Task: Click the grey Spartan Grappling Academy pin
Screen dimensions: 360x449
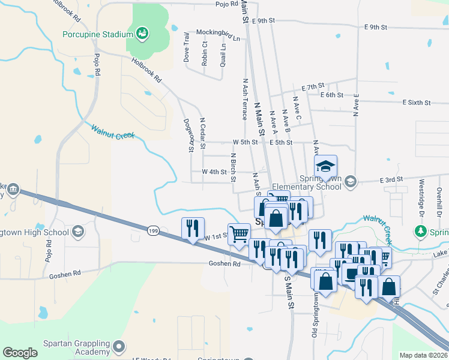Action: [x=119, y=346]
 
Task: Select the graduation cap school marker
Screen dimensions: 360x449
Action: [x=325, y=166]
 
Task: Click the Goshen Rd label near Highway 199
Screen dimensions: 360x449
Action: [x=224, y=263]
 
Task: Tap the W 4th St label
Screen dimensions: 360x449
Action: [x=214, y=172]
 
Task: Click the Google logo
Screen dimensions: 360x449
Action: [x=20, y=353]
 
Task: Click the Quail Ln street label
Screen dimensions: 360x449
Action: [x=223, y=53]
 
